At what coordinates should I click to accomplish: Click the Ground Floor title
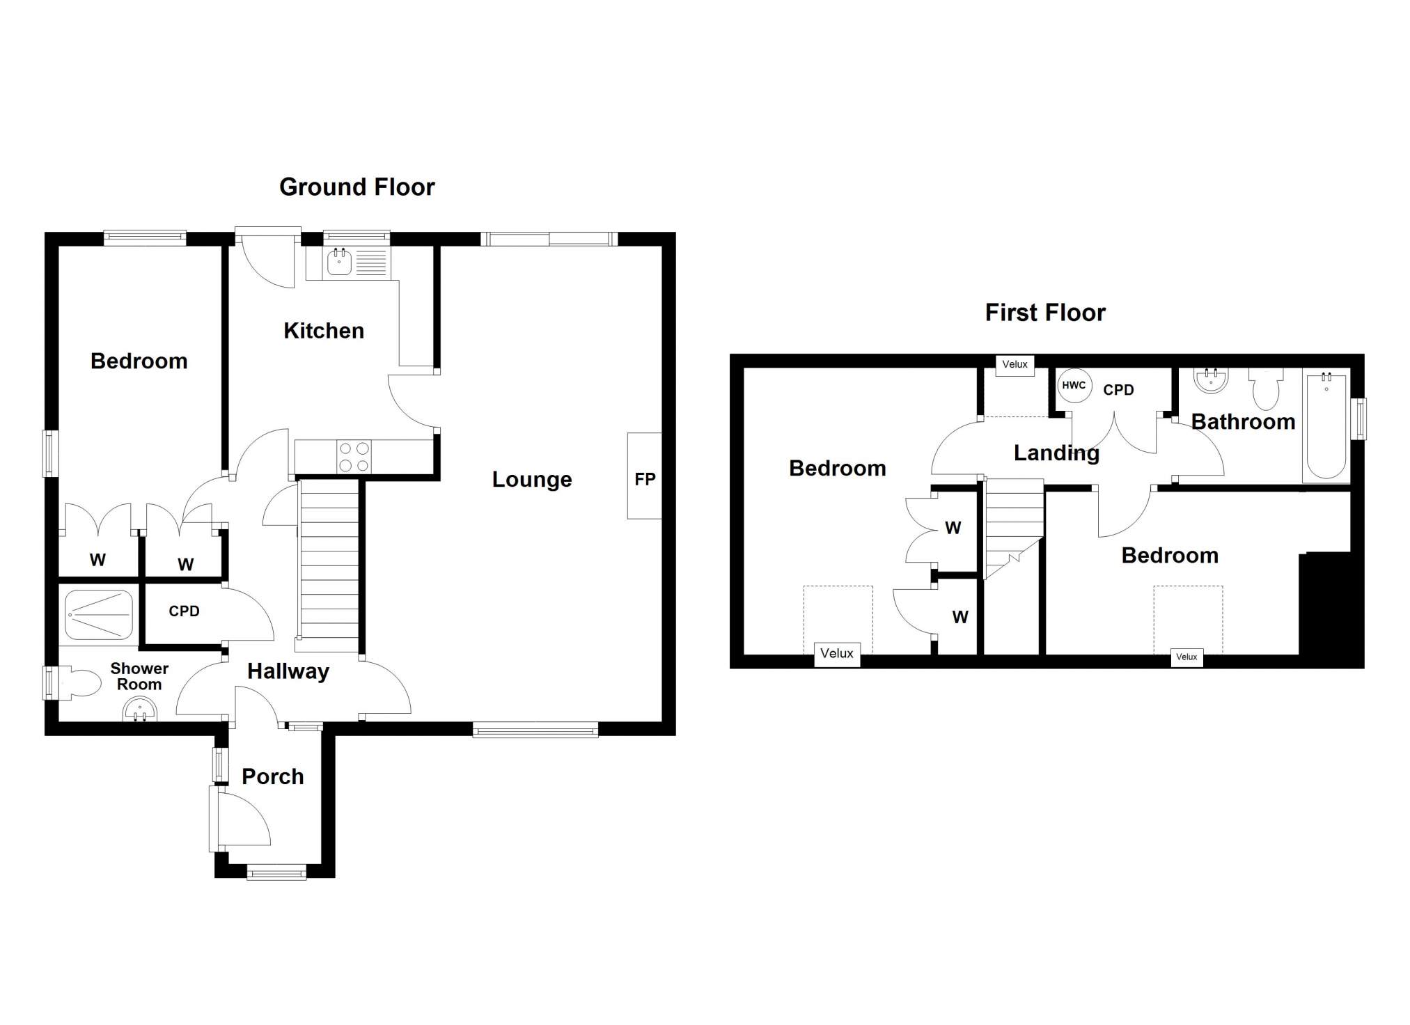point(357,187)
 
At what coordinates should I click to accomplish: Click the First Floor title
point(1045,313)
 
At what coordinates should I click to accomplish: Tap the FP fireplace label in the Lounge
point(645,479)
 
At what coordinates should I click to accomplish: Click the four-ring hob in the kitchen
point(353,457)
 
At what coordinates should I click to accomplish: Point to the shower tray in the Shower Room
point(99,615)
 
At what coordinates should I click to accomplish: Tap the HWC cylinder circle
point(1074,385)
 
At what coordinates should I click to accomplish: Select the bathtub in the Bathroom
point(1326,425)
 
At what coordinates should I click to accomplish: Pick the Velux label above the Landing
point(1015,364)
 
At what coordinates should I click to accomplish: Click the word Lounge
point(532,480)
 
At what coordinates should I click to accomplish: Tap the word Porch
point(273,776)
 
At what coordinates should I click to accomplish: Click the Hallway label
point(288,672)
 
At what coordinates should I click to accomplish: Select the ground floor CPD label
point(184,611)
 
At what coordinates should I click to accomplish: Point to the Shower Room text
point(139,676)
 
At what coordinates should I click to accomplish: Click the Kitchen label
point(324,331)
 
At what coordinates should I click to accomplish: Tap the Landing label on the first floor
point(1056,453)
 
